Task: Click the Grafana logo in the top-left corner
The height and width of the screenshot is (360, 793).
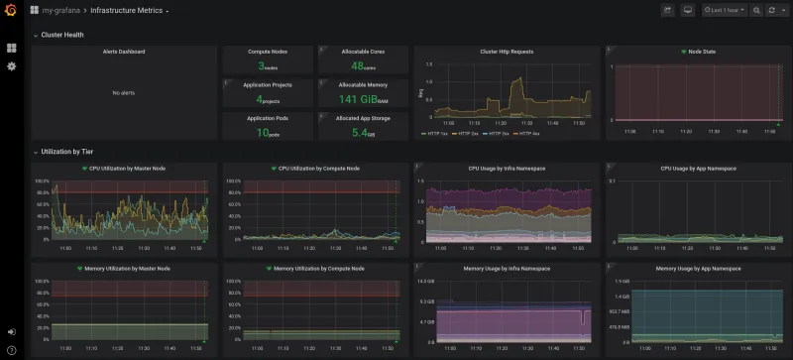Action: tap(11, 10)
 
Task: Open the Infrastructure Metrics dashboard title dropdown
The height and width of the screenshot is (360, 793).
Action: tap(129, 10)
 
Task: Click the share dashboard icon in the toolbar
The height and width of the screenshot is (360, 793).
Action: tap(667, 10)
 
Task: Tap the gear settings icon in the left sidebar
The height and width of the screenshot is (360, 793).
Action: tap(12, 66)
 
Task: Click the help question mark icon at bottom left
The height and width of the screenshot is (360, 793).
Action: tap(11, 349)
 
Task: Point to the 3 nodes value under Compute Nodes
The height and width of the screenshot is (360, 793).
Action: tap(267, 66)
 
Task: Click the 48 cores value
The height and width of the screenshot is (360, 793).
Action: tap(361, 66)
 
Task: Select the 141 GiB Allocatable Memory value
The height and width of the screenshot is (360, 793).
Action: tap(361, 99)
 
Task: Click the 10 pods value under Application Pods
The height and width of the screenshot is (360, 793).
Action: tap(267, 132)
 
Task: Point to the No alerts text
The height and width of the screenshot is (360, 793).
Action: tap(124, 92)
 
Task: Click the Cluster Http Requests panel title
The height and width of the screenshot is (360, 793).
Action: tap(506, 52)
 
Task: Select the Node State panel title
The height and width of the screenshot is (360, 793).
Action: tap(701, 52)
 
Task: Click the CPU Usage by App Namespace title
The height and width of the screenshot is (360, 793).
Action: tap(701, 169)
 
